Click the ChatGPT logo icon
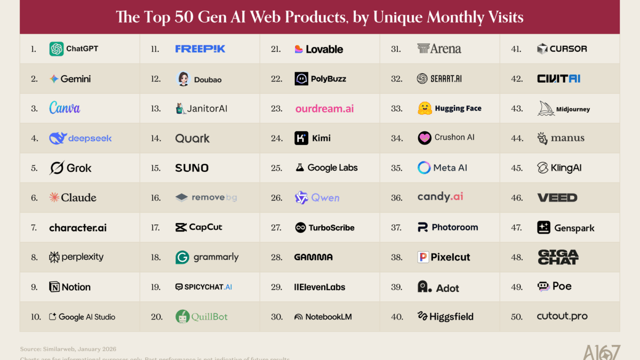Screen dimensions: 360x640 pos(57,49)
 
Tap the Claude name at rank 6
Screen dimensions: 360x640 pos(79,198)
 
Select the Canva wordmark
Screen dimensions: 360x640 pos(65,108)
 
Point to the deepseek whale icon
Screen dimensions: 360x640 pos(57,139)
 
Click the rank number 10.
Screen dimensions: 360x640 pos(36,317)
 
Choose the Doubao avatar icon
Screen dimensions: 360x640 pos(183,79)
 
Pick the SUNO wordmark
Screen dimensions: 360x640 pos(191,168)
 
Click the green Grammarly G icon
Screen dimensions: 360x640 pos(182,258)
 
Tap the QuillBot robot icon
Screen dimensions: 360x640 pos(183,317)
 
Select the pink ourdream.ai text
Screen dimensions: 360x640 pos(324,109)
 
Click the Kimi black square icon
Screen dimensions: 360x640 pos(301,139)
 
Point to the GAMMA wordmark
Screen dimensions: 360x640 pos(313,257)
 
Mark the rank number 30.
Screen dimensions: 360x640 pos(277,317)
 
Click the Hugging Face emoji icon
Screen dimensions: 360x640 pos(425,109)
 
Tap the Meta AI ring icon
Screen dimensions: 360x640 pos(424,168)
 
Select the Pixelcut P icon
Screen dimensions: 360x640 pos(423,258)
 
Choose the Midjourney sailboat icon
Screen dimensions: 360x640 pos(546,109)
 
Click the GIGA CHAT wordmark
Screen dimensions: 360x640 pos(558,257)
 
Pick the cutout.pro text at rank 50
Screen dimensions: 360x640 pos(562,317)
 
